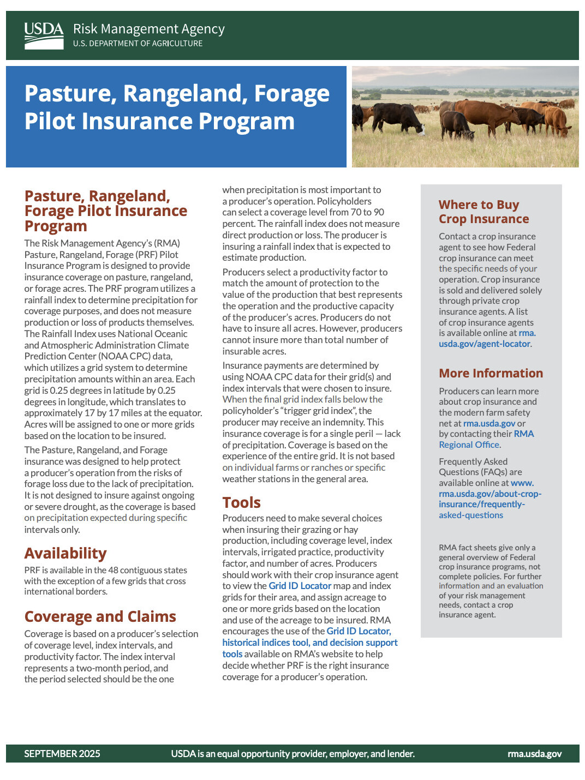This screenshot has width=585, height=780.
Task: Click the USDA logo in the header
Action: (x=44, y=35)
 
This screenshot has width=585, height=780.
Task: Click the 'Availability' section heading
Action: (x=65, y=553)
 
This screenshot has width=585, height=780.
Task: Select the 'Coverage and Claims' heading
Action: (x=100, y=616)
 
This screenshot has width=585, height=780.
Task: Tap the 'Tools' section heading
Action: (x=241, y=502)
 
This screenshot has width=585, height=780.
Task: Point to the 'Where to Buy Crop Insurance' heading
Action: (x=483, y=212)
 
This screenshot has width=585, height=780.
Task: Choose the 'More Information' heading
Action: (x=491, y=373)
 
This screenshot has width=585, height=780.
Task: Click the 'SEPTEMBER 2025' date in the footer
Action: (x=62, y=753)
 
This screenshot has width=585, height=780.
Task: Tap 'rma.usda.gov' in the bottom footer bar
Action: (x=534, y=753)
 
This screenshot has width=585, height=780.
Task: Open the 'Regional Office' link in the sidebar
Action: (x=469, y=445)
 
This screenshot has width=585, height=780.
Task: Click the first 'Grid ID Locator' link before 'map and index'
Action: (x=300, y=586)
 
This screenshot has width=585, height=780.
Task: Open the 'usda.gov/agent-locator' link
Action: (x=484, y=344)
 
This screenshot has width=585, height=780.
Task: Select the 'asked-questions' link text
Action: (x=470, y=515)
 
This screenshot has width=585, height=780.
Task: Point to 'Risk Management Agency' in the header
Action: (x=148, y=29)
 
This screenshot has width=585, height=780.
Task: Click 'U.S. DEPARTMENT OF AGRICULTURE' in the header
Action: (x=138, y=44)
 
